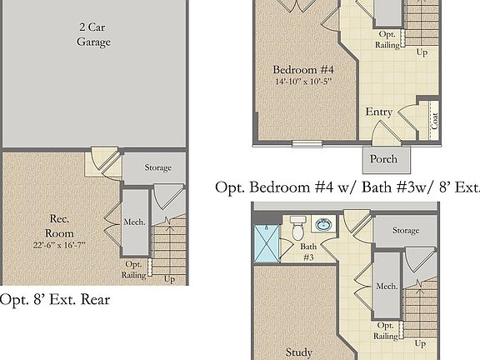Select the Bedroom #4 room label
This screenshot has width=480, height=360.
tap(303, 69)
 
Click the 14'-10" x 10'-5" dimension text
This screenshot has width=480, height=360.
tap(303, 82)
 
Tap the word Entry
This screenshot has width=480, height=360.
tap(379, 112)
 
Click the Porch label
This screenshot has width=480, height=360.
tap(383, 159)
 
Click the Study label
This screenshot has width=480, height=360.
tap(299, 352)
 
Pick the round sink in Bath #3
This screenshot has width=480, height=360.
tap(323, 226)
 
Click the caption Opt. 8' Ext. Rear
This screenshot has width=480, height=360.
tap(55, 299)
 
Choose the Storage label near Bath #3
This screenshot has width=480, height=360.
tap(406, 230)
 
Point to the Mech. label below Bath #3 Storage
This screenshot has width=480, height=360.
tap(386, 286)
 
